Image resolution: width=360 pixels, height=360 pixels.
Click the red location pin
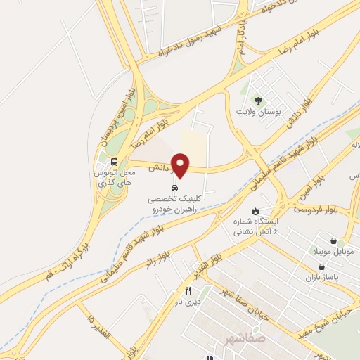tap(180, 165)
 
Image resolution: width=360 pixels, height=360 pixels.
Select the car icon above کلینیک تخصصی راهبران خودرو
tap(174, 188)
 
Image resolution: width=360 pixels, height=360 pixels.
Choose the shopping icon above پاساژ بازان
tap(321, 267)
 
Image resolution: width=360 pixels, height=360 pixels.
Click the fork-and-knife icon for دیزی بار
tap(188, 291)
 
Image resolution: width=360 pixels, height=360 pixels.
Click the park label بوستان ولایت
tap(258, 112)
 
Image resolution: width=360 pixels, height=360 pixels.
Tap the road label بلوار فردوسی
tap(315, 210)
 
